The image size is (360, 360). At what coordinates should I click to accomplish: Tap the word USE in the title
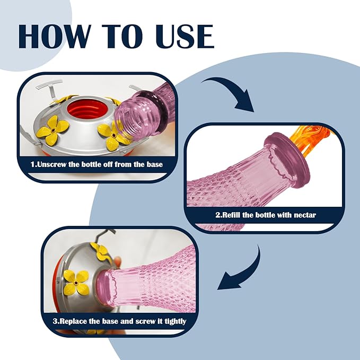click(x=185, y=36)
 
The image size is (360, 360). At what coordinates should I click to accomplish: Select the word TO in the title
click(x=122, y=36)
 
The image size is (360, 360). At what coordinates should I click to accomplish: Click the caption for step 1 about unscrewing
click(x=96, y=164)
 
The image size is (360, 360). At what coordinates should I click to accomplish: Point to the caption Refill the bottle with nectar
click(x=266, y=215)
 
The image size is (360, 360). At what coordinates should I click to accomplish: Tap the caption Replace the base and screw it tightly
click(x=119, y=321)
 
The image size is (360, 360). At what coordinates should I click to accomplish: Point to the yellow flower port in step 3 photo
click(x=76, y=282)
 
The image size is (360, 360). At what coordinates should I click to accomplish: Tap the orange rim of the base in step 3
click(x=56, y=287)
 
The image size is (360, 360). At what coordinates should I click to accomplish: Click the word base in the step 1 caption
click(x=155, y=164)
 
